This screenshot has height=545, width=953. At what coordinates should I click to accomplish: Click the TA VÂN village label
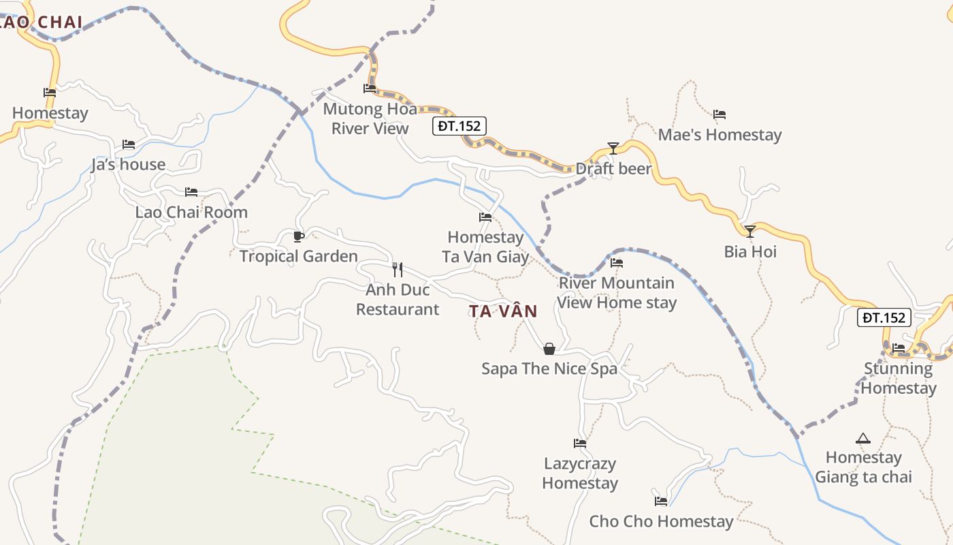pos(503,311)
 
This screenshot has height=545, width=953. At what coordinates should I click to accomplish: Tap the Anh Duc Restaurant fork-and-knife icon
pos(398,269)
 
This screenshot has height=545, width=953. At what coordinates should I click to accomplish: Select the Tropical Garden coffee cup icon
pos(298,236)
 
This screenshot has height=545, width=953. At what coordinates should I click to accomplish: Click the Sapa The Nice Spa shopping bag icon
pos(549,349)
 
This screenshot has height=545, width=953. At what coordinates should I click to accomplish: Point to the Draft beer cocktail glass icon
pos(613,148)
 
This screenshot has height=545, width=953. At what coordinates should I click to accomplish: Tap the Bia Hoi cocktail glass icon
pos(749,232)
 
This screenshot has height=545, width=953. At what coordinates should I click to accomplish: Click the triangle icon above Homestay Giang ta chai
pos(863,438)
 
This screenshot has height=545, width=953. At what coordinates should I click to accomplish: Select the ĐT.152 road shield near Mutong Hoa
pos(459,126)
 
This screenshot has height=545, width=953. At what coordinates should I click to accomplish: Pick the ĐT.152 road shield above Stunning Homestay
pos(884,317)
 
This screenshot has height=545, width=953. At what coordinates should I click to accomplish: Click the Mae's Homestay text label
pos(720,135)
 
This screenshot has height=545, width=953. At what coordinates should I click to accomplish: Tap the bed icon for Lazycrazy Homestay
pos(580,443)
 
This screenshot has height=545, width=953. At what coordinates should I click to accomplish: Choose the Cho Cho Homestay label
pos(661,522)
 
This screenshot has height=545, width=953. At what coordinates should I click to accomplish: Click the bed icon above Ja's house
pos(128,144)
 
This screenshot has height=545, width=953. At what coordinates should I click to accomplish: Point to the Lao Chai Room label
pos(191,212)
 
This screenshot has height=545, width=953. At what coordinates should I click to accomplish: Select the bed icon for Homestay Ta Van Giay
pos(485,217)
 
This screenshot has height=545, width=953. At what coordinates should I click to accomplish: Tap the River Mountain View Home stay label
pos(617,293)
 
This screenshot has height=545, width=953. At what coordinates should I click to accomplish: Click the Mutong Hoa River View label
pos(370,119)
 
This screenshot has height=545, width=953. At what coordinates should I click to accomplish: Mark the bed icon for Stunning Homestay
pos(899,348)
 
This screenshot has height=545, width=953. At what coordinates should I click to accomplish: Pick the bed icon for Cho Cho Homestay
pos(661,501)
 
